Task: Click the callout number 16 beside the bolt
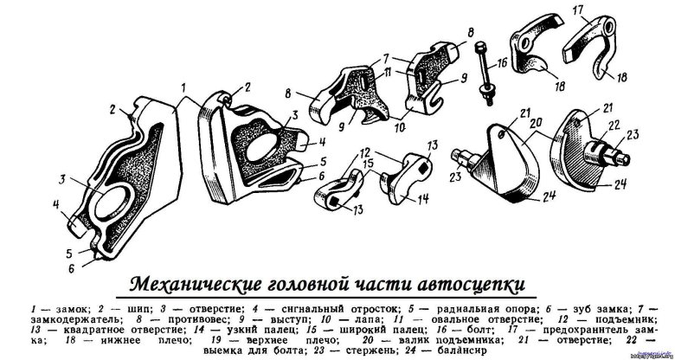[503, 63]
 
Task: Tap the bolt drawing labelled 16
[485, 73]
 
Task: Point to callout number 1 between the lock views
[183, 89]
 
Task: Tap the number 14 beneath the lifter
[423, 199]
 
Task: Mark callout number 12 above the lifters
[366, 152]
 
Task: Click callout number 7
[386, 57]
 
